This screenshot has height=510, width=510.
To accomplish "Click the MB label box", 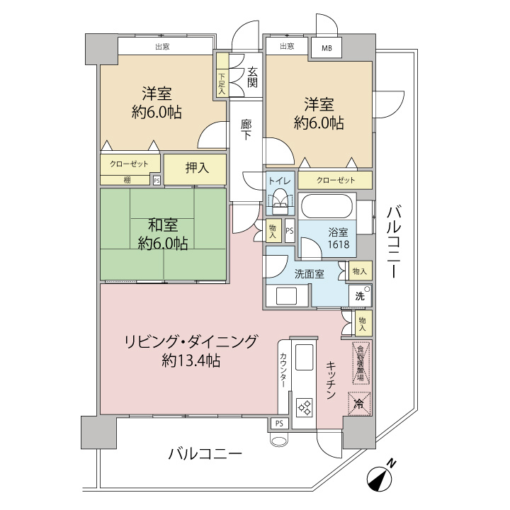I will tap(327, 48).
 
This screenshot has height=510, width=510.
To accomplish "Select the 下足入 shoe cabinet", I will tap(222, 84).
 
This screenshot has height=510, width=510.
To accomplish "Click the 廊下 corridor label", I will tap(246, 130).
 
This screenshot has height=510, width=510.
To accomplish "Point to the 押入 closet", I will tap(196, 169).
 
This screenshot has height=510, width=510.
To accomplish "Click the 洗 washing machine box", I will tap(360, 296).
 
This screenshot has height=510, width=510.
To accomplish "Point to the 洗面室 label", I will tap(309, 274).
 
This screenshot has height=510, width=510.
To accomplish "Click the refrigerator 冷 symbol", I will tap(358, 404).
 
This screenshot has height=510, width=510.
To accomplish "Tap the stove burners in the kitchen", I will tap(305, 407).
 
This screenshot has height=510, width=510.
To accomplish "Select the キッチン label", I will tap(331, 381).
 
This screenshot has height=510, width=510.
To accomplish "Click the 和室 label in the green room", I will tap(162, 225).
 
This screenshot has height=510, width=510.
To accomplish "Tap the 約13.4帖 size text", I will tap(191, 361).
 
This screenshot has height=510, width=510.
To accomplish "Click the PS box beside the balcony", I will tap(278, 424).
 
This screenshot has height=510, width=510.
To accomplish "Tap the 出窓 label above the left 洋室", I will tap(162, 47).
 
